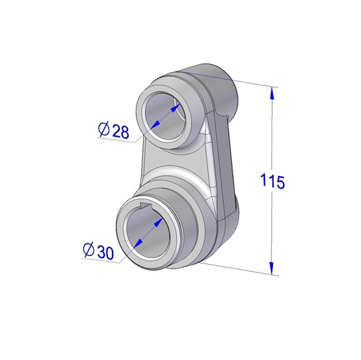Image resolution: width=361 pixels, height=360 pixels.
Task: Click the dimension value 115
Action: pyautogui.click(x=273, y=181)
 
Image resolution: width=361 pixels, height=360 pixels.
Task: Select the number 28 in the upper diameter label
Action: pyautogui.click(x=121, y=131)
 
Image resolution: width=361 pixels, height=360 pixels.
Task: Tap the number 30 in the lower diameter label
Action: pyautogui.click(x=105, y=252)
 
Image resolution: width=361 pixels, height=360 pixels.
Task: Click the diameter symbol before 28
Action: pyautogui.click(x=103, y=129)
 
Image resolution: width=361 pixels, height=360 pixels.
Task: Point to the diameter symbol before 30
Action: pyautogui.click(x=88, y=249)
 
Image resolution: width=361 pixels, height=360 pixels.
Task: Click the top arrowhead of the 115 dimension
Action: pyautogui.click(x=272, y=93)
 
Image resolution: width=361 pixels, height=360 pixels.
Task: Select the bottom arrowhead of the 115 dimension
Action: pyautogui.click(x=272, y=269)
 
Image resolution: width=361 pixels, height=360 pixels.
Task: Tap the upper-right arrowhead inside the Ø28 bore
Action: pyautogui.click(x=176, y=107)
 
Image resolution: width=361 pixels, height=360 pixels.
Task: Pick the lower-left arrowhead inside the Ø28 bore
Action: pyautogui.click(x=156, y=124)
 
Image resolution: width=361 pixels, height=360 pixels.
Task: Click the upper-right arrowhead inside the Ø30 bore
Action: pyautogui.click(x=158, y=222)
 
